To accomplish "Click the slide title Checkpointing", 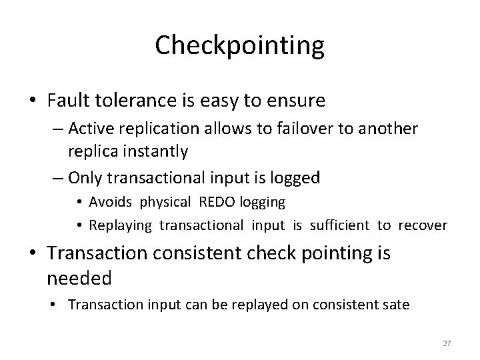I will (x=239, y=46).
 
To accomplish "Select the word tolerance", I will (x=130, y=101).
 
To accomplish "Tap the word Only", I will (x=86, y=177).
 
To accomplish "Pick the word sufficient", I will (x=341, y=225).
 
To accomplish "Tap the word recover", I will (x=423, y=225).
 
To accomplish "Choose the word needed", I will (x=80, y=277).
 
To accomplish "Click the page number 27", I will (x=447, y=343).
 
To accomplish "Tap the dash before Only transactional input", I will (x=55, y=177).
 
